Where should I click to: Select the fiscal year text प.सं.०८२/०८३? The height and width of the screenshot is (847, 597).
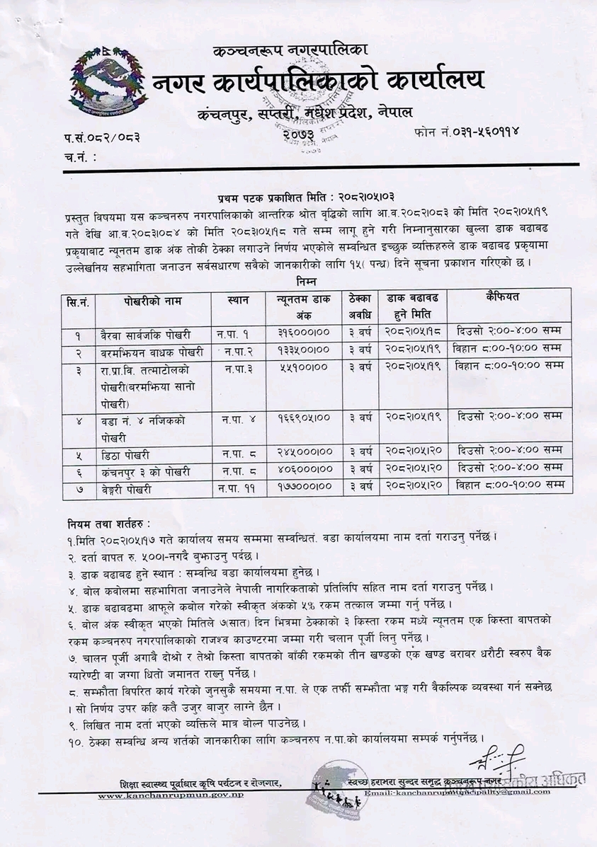coord(101,137)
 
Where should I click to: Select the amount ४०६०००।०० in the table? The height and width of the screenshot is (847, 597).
coord(303,469)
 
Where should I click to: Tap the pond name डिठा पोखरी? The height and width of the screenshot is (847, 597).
coord(126,452)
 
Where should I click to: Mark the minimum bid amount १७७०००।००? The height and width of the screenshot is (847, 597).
coord(303,487)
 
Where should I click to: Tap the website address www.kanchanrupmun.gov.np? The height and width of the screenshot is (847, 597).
coord(171,796)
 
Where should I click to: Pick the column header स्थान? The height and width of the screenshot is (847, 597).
coord(239,300)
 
